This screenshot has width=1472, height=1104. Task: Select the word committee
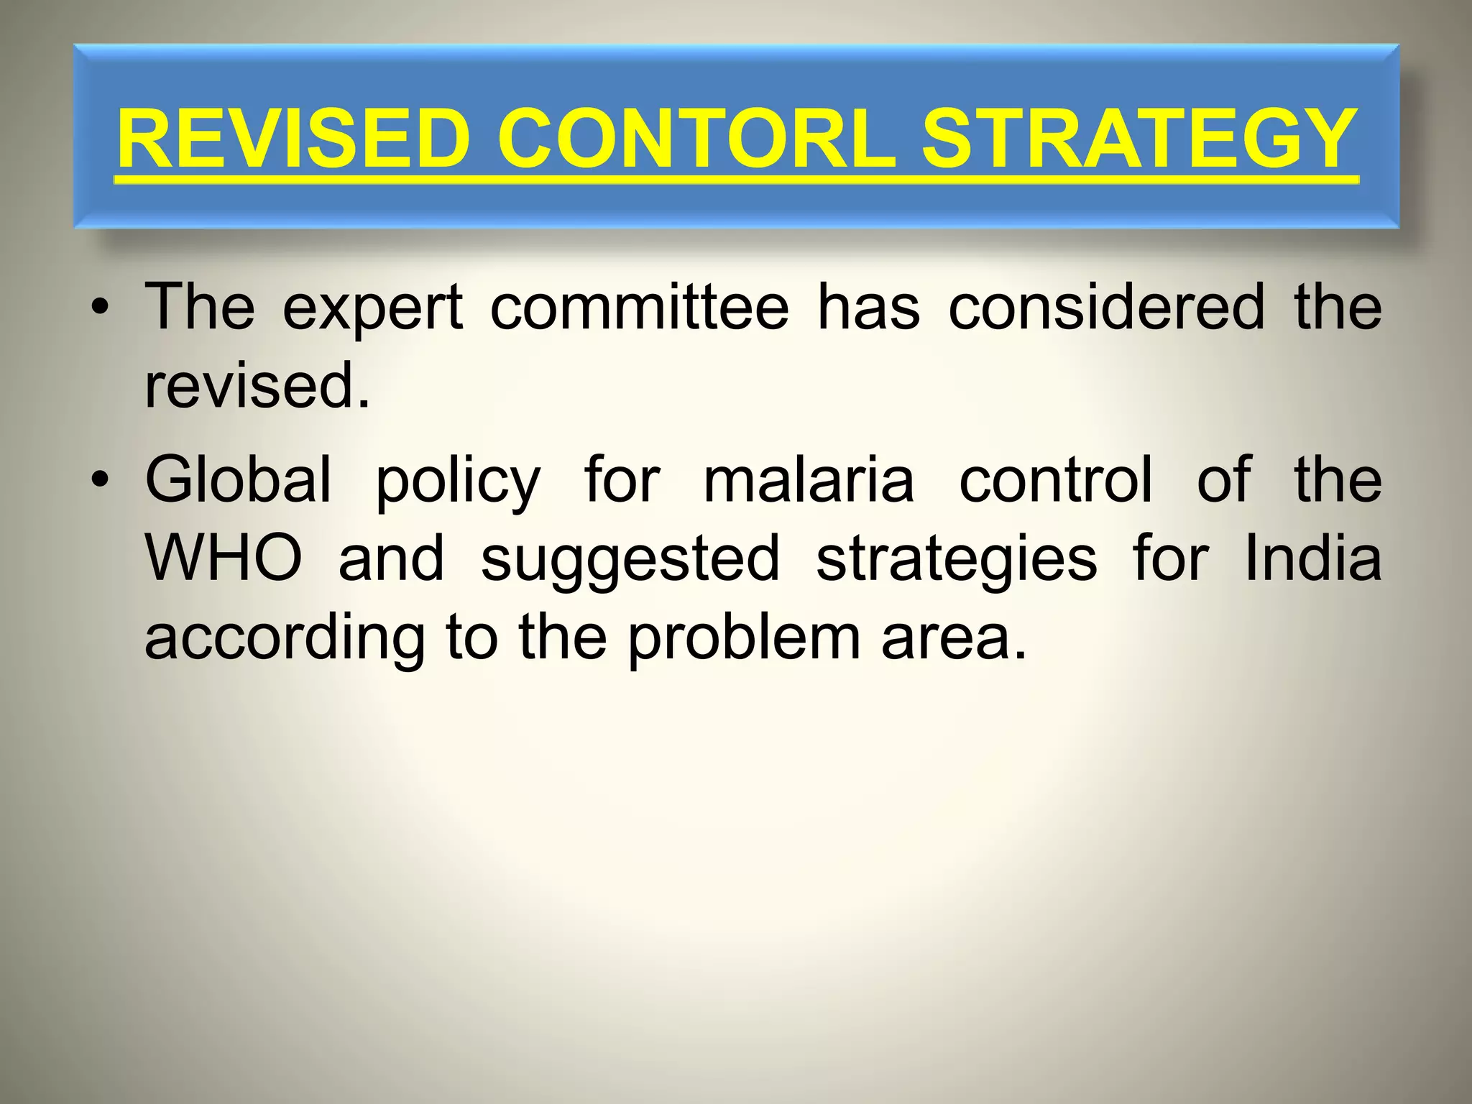(639, 308)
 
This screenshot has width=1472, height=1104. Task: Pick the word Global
(239, 479)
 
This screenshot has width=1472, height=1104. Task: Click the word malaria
(809, 479)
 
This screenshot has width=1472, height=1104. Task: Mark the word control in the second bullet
(1056, 479)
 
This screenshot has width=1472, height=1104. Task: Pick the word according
(285, 638)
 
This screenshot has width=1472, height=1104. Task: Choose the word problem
(743, 638)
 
